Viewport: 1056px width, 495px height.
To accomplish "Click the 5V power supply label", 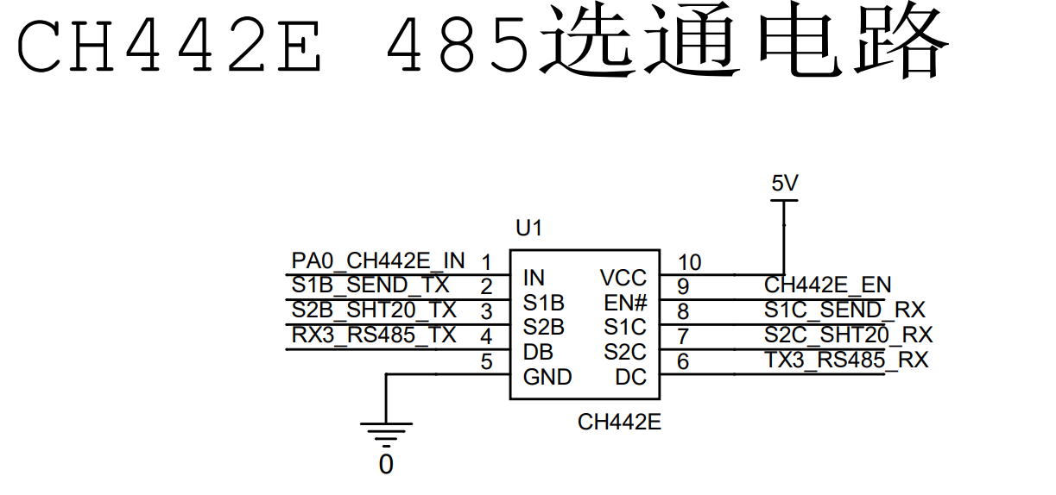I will pyautogui.click(x=784, y=184).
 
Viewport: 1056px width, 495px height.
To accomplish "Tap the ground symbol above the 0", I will pyautogui.click(x=386, y=430).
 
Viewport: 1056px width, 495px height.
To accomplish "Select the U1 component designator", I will pyautogui.click(x=528, y=229).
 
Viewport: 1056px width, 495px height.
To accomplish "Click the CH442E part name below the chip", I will pyautogui.click(x=619, y=422).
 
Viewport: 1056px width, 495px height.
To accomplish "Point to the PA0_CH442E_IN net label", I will pyautogui.click(x=378, y=260).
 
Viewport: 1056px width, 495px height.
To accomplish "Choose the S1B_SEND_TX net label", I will pyautogui.click(x=370, y=285).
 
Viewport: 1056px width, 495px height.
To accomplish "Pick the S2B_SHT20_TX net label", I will pyautogui.click(x=374, y=310).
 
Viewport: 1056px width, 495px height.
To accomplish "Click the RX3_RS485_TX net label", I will pyautogui.click(x=374, y=335).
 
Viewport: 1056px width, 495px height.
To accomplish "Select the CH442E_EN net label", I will pyautogui.click(x=827, y=285).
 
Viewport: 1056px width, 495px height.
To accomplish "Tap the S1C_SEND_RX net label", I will pyautogui.click(x=844, y=310).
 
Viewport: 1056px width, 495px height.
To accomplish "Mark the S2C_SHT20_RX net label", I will pyautogui.click(x=848, y=335).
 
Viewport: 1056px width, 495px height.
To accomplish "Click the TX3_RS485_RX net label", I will pyautogui.click(x=846, y=360).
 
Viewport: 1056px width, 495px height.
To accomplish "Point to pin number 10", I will pyautogui.click(x=689, y=262).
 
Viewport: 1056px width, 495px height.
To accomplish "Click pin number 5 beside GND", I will pyautogui.click(x=486, y=362).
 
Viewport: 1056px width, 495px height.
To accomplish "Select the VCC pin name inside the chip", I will pyautogui.click(x=623, y=278).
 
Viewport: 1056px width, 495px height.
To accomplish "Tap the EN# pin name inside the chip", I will pyautogui.click(x=625, y=303).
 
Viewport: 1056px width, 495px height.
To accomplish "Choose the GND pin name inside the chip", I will pyautogui.click(x=547, y=377).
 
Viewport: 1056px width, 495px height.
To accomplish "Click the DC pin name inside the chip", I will pyautogui.click(x=630, y=377).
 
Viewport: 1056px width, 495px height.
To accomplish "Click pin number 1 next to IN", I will pyautogui.click(x=486, y=262).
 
